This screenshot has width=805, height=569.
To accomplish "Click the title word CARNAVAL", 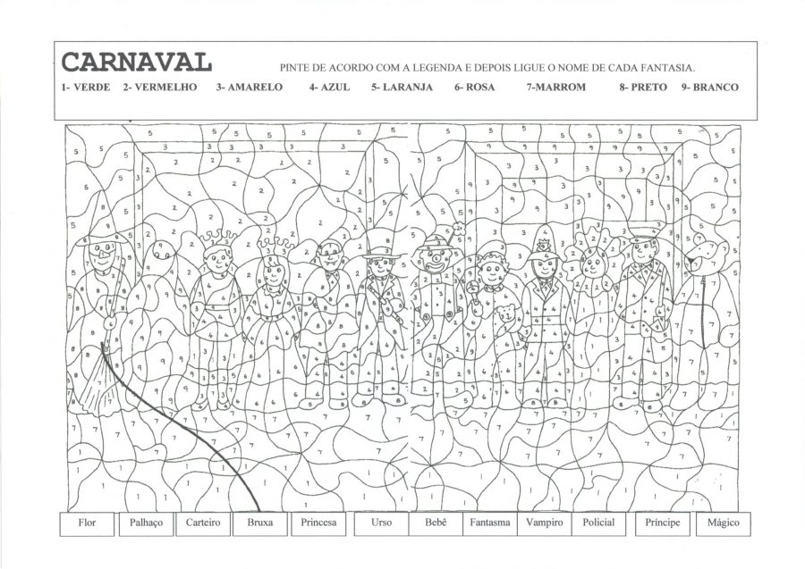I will tap(136, 62).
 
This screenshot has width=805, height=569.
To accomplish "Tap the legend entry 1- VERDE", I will tap(86, 88).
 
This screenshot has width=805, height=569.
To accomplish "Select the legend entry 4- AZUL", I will tap(330, 88).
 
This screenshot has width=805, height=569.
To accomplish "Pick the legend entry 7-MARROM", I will tap(555, 88).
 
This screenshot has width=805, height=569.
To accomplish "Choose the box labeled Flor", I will tap(87, 523).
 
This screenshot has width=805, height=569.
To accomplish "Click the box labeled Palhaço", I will tap(146, 523).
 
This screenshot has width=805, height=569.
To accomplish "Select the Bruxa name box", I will tap(259, 523).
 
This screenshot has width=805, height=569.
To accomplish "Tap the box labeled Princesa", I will tap(319, 523).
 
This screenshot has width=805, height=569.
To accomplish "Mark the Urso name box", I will tap(379, 523).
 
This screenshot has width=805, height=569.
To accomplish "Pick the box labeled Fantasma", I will tap(490, 523).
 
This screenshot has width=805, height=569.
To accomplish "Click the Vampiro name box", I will tap(545, 523).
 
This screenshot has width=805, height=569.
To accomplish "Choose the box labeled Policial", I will tap(598, 523).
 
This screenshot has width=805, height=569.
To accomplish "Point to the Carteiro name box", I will tap(203, 523).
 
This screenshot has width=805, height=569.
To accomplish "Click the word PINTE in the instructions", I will tap(294, 68).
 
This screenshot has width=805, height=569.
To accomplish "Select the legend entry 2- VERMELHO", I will tap(160, 88).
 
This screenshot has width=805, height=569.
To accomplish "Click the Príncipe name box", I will tap(662, 523).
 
